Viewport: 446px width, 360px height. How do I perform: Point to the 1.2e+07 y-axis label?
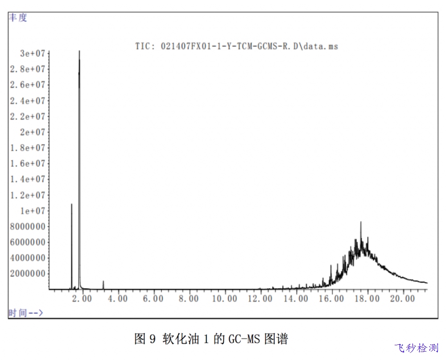tap(28, 195)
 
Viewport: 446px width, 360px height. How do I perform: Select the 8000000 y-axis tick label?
tap(28, 227)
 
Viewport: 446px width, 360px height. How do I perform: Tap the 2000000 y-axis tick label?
tap(28, 273)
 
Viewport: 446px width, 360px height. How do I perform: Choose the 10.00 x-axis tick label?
tap(225, 298)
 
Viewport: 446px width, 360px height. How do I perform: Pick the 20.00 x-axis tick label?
tap(403, 298)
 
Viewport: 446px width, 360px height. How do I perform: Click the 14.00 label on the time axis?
tap(296, 298)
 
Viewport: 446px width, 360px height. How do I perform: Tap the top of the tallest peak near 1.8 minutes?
tap(79, 51)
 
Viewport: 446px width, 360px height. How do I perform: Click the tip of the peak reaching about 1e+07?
tap(71, 204)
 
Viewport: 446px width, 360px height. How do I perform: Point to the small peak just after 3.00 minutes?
tap(103, 281)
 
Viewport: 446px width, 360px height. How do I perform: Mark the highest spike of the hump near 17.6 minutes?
tap(361, 222)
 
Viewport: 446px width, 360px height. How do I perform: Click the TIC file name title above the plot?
tap(236, 46)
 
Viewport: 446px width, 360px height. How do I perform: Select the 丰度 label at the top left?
tap(18, 17)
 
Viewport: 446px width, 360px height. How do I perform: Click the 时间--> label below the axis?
tap(26, 313)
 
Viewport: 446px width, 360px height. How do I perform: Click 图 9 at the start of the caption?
tap(145, 339)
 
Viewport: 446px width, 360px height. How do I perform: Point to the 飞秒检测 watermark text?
tap(417, 348)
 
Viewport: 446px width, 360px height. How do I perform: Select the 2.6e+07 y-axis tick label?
tap(28, 85)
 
